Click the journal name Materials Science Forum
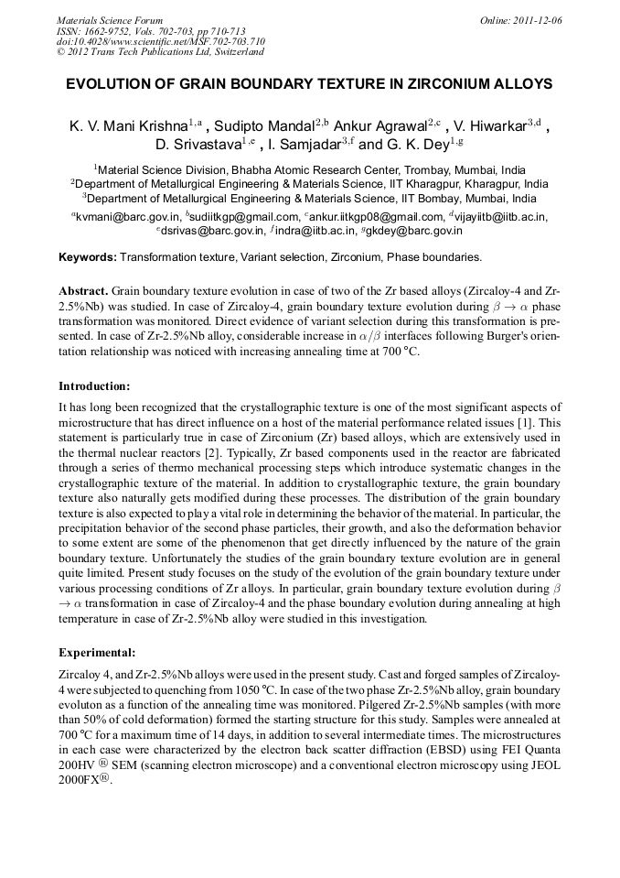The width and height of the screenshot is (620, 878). [110, 20]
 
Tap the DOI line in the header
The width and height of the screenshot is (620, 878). [161, 42]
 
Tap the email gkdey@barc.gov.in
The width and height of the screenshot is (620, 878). [416, 231]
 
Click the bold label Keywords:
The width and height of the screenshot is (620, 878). [88, 257]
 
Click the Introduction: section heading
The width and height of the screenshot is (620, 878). [94, 385]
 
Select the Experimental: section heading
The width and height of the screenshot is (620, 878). [97, 653]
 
